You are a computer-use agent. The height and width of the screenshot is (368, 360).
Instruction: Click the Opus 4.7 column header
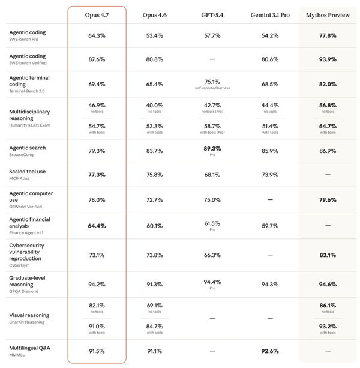coord(97,14)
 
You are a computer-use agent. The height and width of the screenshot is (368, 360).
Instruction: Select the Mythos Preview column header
coord(328,14)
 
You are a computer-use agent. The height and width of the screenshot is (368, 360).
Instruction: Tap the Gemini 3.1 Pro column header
coord(270,14)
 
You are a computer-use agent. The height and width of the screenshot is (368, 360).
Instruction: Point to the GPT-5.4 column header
coord(212,14)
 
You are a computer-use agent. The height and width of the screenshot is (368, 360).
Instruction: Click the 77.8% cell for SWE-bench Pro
coord(328,35)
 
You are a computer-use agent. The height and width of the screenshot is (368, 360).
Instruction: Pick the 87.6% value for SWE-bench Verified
coord(97,59)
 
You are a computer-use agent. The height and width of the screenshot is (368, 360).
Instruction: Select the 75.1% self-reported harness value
coord(212,82)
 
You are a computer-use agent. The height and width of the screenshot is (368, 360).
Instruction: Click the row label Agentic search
coord(27,148)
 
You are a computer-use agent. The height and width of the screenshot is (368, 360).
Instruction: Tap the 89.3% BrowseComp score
coord(212,148)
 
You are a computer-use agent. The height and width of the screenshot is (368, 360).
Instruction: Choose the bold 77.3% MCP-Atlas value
coord(97,175)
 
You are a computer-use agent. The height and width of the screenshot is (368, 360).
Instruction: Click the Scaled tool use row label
coord(27,172)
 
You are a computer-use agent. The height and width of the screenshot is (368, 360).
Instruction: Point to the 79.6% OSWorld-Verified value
coord(328,200)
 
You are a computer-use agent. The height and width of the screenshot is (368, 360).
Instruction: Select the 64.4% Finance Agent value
coord(97,226)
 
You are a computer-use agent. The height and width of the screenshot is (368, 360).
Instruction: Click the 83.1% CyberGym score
coord(328,255)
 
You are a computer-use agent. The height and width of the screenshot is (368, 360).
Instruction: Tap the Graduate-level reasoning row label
coord(27,281)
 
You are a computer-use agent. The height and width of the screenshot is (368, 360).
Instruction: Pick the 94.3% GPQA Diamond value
coord(270,285)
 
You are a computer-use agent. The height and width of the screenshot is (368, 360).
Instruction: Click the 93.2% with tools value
coord(328,327)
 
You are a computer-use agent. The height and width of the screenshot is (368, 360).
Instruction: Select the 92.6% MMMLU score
coord(270,351)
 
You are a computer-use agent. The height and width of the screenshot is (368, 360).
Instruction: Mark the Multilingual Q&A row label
coord(29,348)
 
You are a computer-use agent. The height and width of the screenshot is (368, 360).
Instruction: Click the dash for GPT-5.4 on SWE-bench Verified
coord(212,59)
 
